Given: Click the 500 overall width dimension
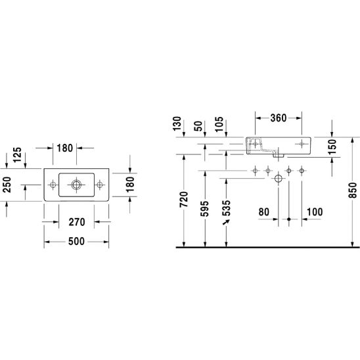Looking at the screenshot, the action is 76,241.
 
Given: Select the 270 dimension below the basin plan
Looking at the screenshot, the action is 77,222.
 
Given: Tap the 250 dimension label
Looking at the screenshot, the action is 7,185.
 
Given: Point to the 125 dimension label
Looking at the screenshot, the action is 17,155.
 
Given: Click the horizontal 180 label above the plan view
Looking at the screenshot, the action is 65,148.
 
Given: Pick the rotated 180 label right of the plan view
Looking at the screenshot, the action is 130,185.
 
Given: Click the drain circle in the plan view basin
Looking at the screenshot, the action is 76,185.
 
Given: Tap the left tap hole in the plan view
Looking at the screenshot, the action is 53,185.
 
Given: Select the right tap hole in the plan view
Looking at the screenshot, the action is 100,185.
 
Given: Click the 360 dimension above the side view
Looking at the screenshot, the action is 279,118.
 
